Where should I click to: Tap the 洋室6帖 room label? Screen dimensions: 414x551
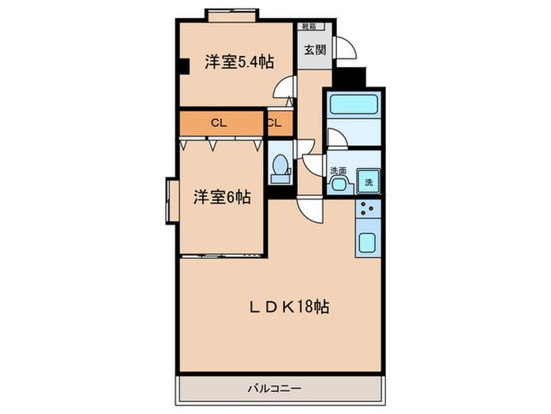click(x=222, y=198)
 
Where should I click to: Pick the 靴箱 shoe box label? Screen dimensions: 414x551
click(x=310, y=26)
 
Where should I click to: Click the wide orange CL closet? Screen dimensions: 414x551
click(x=220, y=123)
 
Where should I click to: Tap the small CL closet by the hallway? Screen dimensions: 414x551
click(x=275, y=123)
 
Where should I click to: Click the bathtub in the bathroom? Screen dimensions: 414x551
click(x=353, y=106)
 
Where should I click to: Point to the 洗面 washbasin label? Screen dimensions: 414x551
click(x=338, y=171)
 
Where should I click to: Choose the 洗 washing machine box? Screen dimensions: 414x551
click(x=368, y=181)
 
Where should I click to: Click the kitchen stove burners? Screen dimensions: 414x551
click(x=368, y=209)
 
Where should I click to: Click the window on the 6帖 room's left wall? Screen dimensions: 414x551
click(x=171, y=202)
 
